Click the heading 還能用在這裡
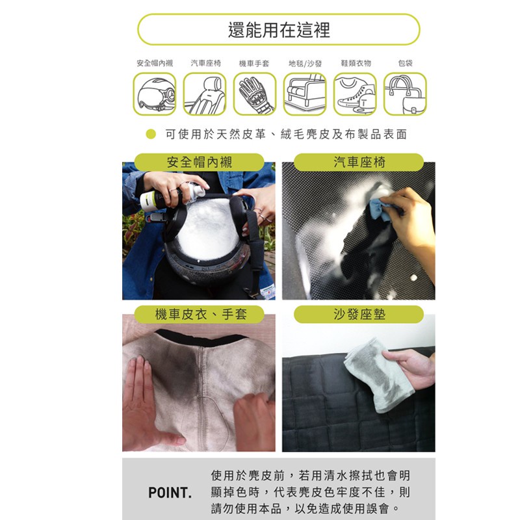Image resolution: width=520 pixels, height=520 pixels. coord(279,30)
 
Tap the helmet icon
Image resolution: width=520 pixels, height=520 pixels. coord(155,94)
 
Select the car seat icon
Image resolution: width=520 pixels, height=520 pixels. coord(205,94)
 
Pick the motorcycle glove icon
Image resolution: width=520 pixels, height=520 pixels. coord(255,94)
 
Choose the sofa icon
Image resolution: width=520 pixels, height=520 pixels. coord(305,94)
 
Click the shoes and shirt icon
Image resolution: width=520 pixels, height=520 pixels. coord(355,94)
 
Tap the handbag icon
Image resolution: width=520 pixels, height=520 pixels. coord(405,94)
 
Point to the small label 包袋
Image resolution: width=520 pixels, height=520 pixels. coord(405,63)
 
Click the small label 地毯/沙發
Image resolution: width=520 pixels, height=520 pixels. coord(305,63)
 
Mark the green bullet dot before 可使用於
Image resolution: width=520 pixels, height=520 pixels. coord(151,134)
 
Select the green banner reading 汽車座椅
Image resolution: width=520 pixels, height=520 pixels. coord(359,162)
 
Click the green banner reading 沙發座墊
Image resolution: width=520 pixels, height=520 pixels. coord(359,314)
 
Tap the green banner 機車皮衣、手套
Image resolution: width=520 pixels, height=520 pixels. coord(199,314)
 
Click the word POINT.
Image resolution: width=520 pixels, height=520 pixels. coord(170,493)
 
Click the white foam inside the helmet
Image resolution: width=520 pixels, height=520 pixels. coord(208,229)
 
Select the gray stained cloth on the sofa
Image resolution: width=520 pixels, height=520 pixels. coord(379,375)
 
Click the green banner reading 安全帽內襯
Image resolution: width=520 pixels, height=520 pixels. coord(199,162)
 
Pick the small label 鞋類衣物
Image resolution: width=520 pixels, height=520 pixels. coord(356,63)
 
